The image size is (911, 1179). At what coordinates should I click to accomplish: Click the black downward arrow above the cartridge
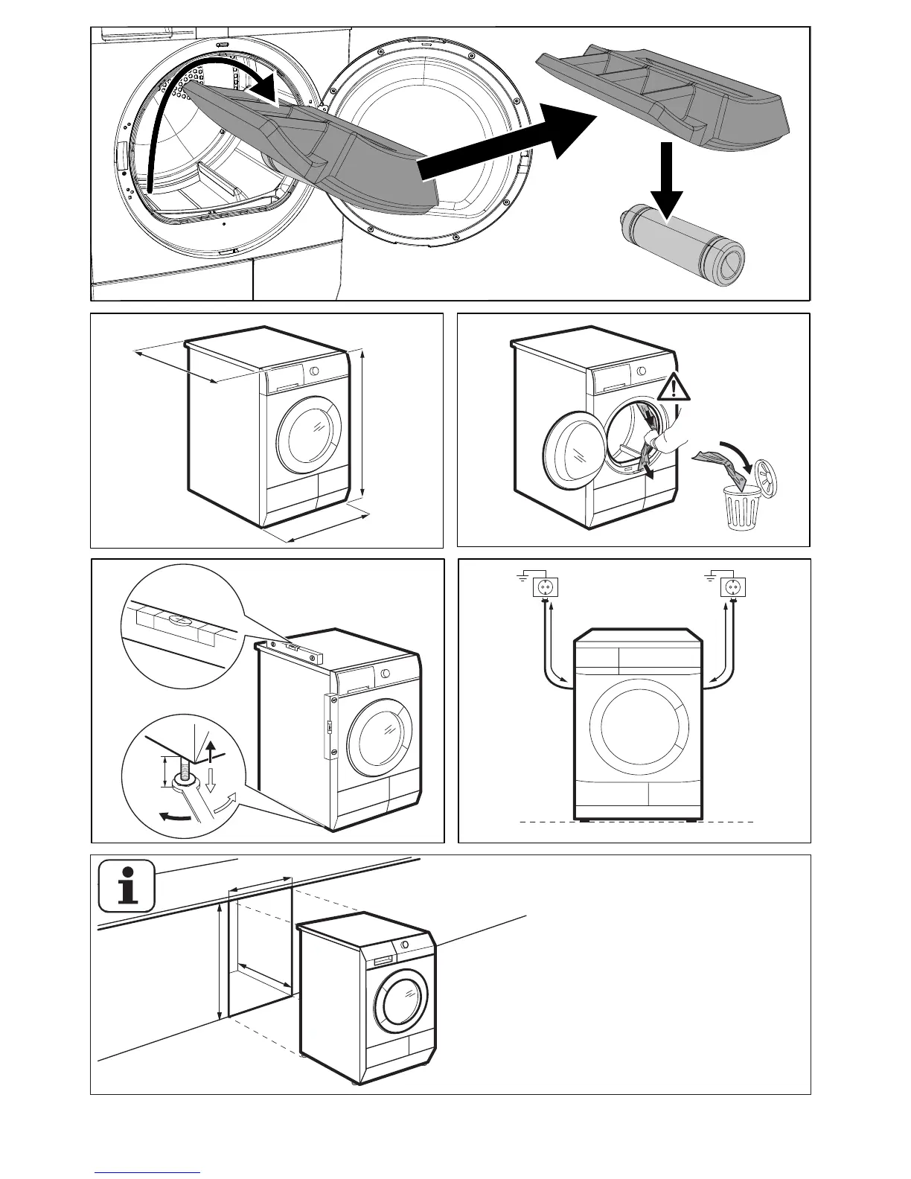coord(667,179)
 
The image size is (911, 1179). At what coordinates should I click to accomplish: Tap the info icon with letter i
coord(127,885)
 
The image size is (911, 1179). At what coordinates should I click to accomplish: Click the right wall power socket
coord(733,589)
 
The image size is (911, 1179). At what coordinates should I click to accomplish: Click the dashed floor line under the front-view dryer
coord(637,822)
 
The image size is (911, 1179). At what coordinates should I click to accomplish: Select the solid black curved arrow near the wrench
coord(176,816)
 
